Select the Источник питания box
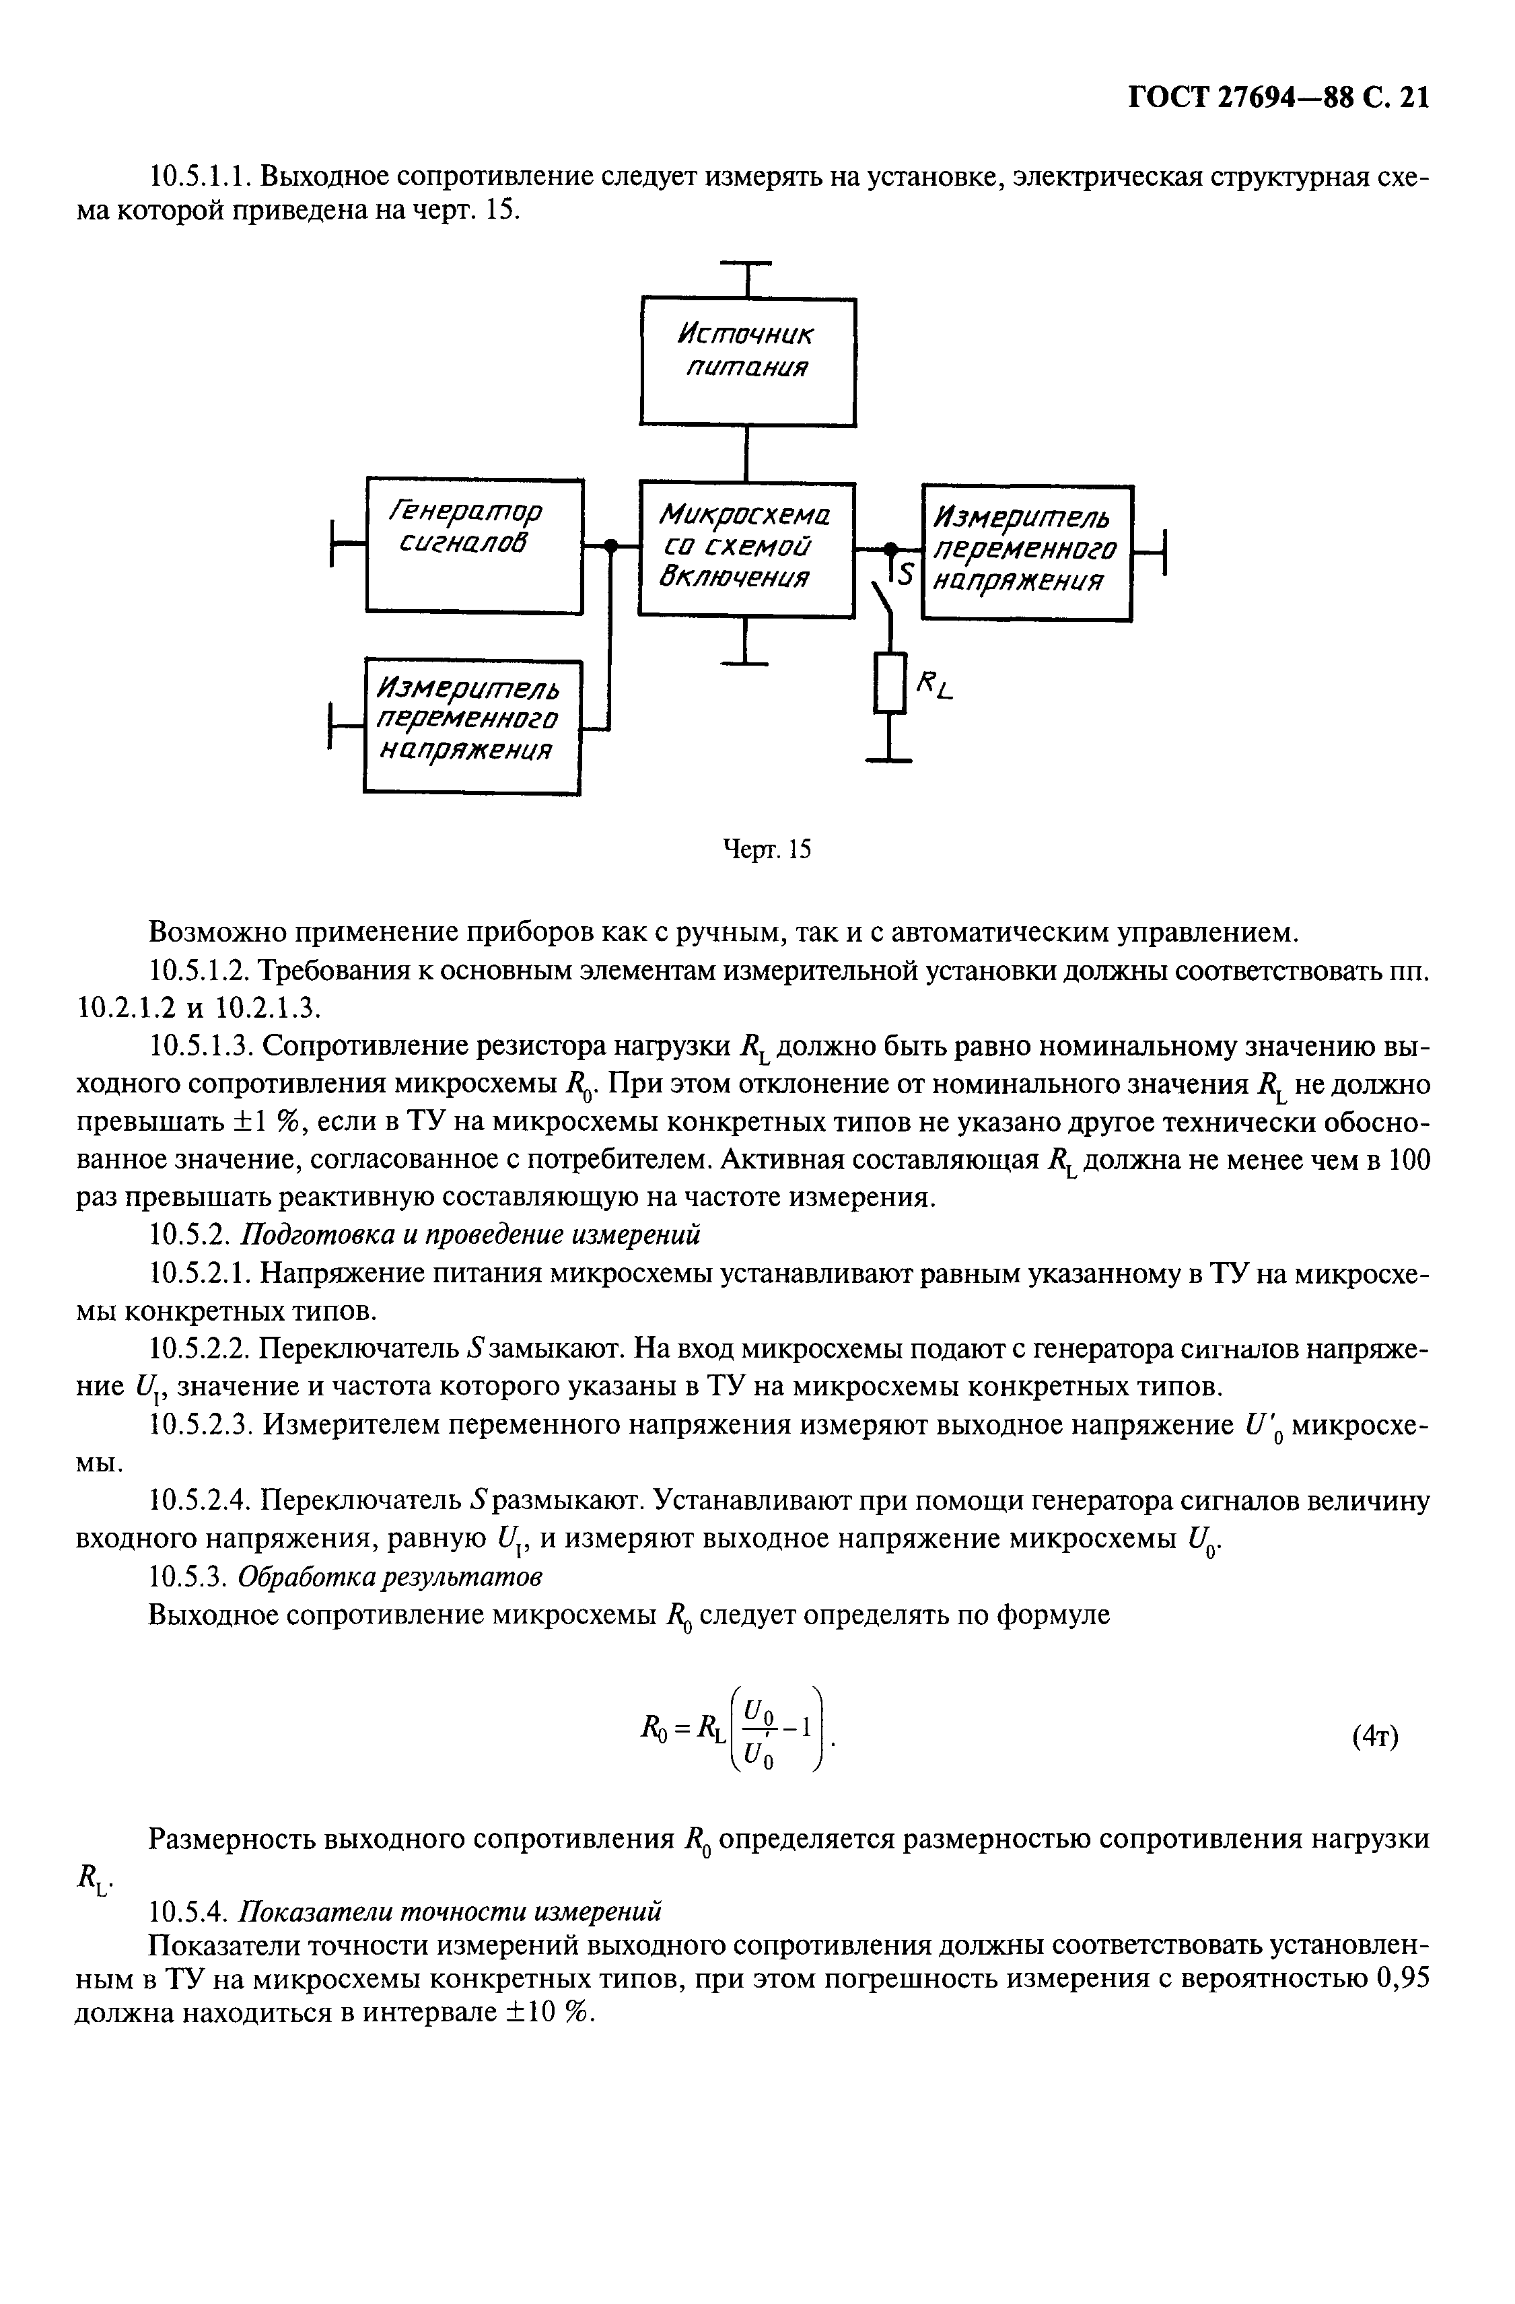point(747,361)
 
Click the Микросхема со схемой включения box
point(746,549)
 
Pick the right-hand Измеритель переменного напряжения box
point(1026,552)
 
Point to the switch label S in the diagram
point(905,574)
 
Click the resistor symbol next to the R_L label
point(888,683)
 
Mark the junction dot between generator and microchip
point(610,546)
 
